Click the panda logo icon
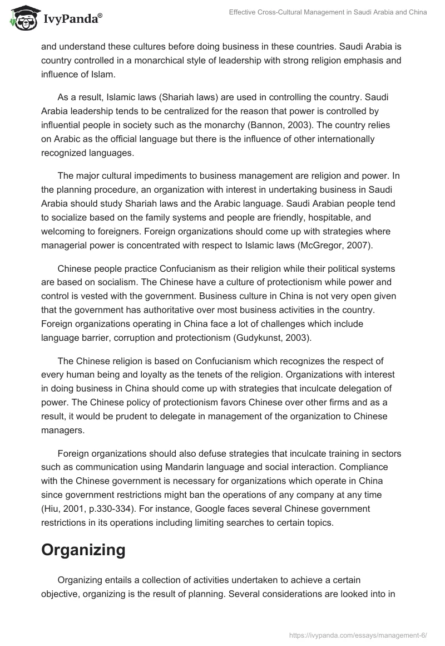[21, 18]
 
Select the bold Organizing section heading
[83, 550]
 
